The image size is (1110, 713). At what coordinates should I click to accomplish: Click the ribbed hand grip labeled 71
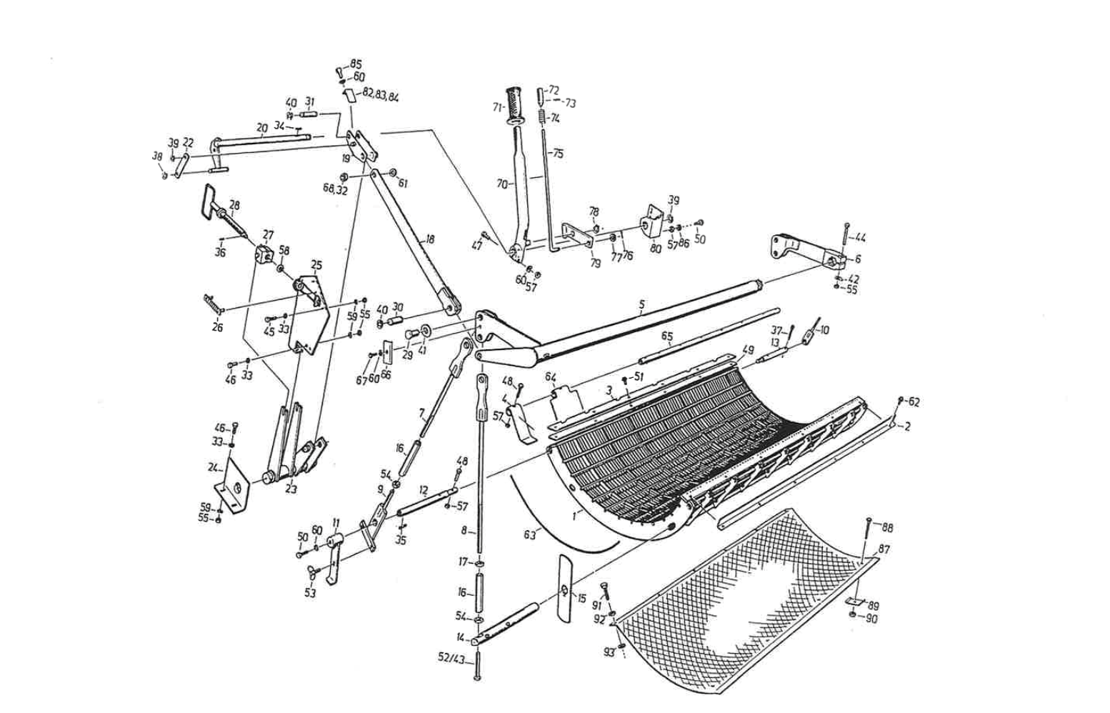click(x=514, y=105)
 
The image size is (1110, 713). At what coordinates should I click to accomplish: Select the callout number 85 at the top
click(x=356, y=64)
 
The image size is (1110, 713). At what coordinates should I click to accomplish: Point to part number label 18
click(x=429, y=239)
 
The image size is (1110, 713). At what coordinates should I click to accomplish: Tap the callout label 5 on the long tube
click(x=641, y=304)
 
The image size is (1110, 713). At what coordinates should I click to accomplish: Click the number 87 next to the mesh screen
click(x=884, y=549)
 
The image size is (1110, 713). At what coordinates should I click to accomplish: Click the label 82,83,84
click(x=381, y=94)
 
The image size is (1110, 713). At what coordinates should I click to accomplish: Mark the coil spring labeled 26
click(x=212, y=303)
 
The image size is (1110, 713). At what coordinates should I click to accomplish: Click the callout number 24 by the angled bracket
click(x=213, y=468)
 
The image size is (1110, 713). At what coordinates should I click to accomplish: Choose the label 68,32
click(x=335, y=189)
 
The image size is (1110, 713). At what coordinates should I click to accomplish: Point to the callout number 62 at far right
click(x=914, y=402)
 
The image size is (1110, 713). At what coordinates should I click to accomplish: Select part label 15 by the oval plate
click(x=581, y=598)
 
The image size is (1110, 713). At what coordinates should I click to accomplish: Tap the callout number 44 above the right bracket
click(x=860, y=238)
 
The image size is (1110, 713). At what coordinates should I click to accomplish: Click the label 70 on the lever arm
click(x=501, y=184)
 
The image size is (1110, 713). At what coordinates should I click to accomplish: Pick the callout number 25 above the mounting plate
click(x=316, y=265)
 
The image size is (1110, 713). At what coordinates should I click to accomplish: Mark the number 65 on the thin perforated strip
click(x=667, y=335)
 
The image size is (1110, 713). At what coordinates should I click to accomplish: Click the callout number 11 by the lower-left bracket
click(x=336, y=522)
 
